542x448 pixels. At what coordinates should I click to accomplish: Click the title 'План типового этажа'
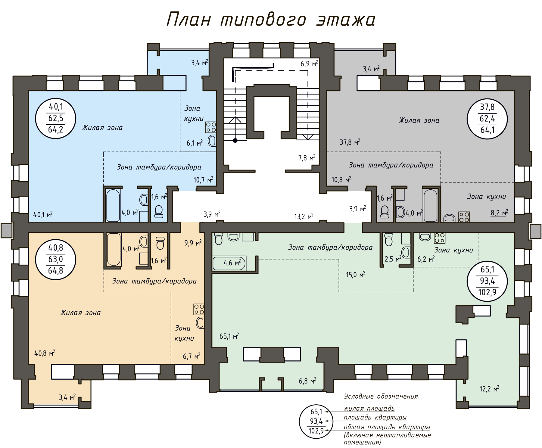tap(271, 20)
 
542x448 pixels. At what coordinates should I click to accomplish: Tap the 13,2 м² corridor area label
tap(304, 216)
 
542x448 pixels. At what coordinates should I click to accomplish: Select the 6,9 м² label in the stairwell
tap(309, 64)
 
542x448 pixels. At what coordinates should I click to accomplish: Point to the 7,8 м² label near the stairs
tap(307, 158)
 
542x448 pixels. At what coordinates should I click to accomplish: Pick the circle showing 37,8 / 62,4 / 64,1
tap(487, 119)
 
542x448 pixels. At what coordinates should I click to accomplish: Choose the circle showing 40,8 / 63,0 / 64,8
tap(55, 260)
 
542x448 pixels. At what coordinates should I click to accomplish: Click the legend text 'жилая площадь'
tap(369, 409)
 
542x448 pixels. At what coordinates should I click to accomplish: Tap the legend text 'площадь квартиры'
tap(375, 418)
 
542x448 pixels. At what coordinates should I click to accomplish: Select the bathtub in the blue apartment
tap(113, 205)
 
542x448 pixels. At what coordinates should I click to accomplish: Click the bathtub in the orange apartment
tap(114, 250)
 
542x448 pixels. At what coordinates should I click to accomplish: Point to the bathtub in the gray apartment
tap(430, 205)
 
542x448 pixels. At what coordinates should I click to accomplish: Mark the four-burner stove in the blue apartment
tap(211, 127)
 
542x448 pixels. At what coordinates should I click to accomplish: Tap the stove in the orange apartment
tap(199, 309)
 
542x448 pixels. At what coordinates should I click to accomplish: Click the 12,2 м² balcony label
tap(489, 389)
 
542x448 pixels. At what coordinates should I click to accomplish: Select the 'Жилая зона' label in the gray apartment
tap(419, 120)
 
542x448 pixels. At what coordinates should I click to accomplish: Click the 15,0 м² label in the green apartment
tap(356, 275)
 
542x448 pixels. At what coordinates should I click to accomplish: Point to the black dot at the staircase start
tap(235, 140)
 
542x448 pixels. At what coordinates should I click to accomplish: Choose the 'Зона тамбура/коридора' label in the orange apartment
tap(154, 281)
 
